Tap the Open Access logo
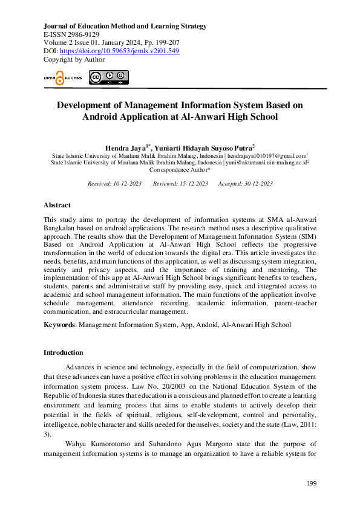(62, 78)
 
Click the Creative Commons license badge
(108, 77)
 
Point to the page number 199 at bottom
(312, 484)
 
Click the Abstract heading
(57, 205)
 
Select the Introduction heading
(63, 352)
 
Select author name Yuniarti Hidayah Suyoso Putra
(206, 147)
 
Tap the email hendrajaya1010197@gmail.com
(267, 155)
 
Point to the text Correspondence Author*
(180, 170)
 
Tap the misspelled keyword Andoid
(207, 325)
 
